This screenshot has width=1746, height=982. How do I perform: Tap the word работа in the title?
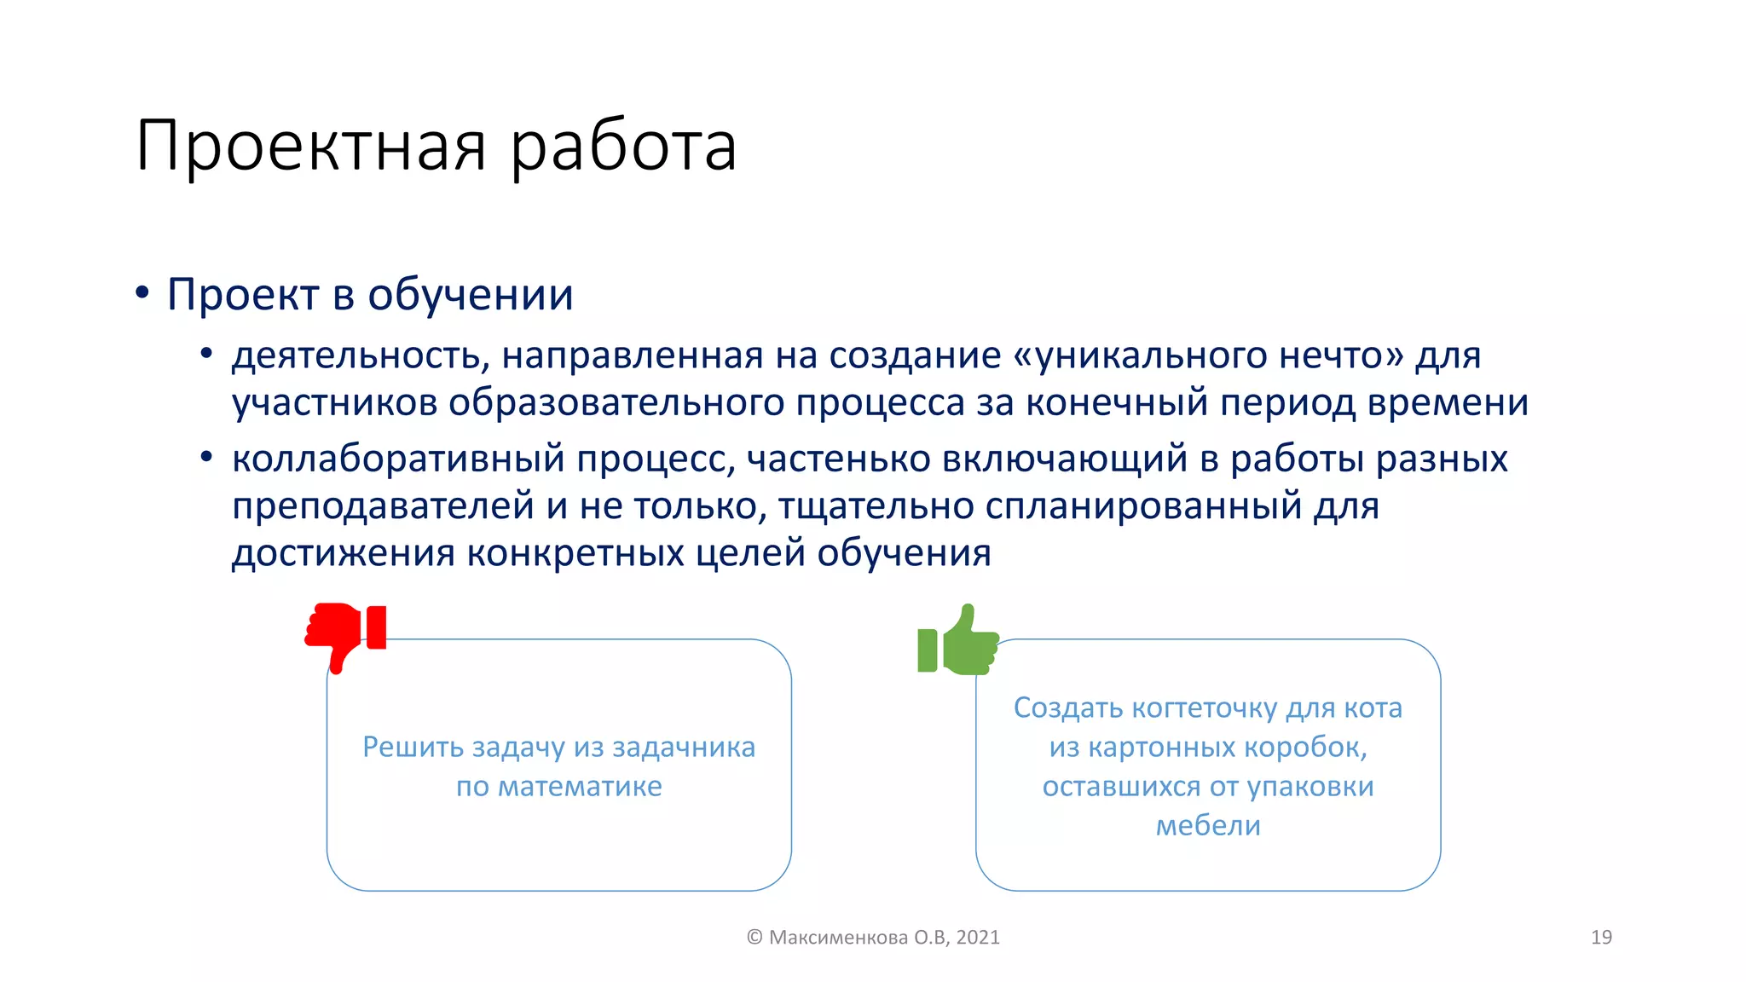tap(623, 147)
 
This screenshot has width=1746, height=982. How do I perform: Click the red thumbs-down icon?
tap(345, 635)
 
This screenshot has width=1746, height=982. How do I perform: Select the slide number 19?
tap(1601, 937)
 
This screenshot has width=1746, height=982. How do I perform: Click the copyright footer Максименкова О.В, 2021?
tap(873, 937)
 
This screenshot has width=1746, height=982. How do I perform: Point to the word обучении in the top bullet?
tap(470, 295)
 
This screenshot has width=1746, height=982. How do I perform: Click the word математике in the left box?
tap(580, 786)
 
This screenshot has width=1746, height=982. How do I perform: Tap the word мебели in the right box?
tap(1207, 825)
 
